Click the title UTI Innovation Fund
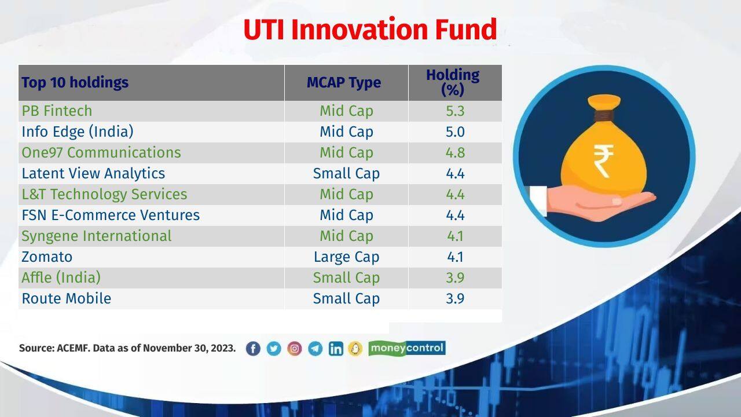coord(370,30)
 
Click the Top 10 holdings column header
coord(75,82)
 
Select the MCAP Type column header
coord(344,82)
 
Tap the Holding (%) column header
coord(453,82)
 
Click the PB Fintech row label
coord(57,111)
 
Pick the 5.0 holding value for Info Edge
coord(455,131)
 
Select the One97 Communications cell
coord(101,152)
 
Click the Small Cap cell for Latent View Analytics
coord(346,173)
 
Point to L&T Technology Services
coord(104,194)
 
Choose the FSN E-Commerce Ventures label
coord(111,215)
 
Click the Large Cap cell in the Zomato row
coord(346,257)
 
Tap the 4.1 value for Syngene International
coord(455,236)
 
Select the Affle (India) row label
coord(61,277)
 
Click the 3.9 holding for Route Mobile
coord(455,298)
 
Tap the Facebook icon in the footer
coord(253,348)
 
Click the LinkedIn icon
coord(336,348)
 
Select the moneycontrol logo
coord(407,348)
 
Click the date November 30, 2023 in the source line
coord(189,348)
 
